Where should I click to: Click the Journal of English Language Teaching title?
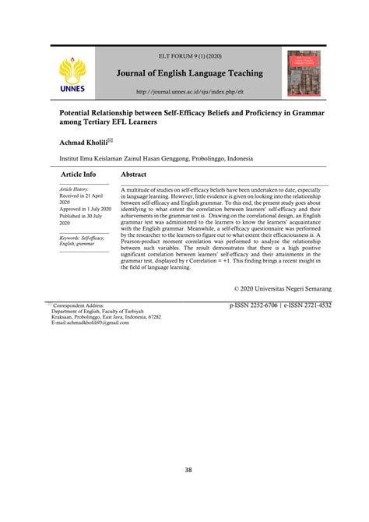[x=190, y=74]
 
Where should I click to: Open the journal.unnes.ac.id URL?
[x=190, y=91]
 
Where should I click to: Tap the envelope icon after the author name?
[x=110, y=141]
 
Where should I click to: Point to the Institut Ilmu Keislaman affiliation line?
[x=156, y=158]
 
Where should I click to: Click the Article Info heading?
[x=79, y=175]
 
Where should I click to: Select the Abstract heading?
[x=134, y=175]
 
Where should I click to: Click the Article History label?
[x=75, y=189]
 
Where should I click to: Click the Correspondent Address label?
[x=79, y=306]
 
